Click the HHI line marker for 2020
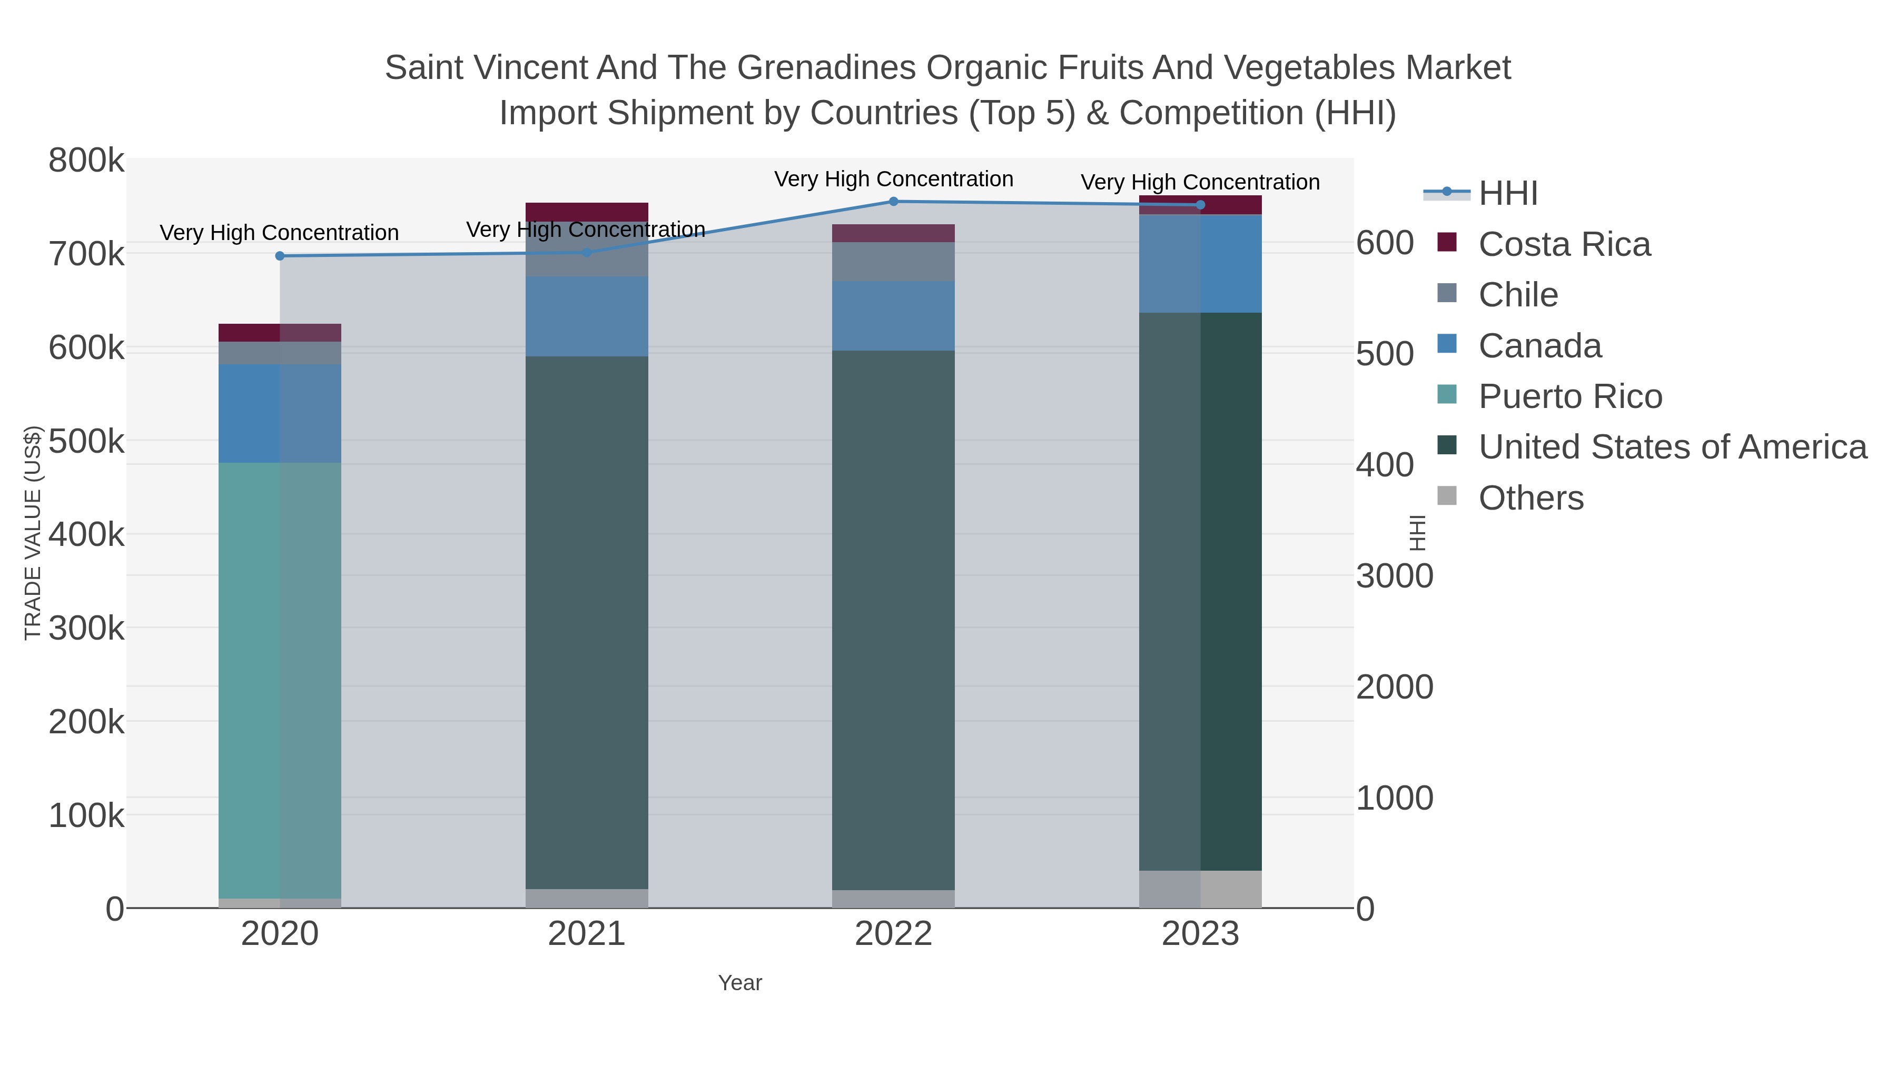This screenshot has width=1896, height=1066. (x=280, y=256)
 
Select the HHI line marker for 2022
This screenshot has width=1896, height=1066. (x=894, y=201)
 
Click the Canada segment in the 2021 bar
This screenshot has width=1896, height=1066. (x=587, y=316)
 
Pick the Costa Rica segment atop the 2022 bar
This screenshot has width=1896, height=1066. (x=894, y=233)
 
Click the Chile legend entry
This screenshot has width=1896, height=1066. (x=1518, y=295)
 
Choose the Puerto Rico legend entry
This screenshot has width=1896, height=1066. (x=1569, y=396)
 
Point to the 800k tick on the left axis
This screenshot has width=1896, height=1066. (x=86, y=161)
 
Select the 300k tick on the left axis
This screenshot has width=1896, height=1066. (x=86, y=628)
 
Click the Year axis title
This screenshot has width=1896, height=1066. (x=740, y=983)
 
